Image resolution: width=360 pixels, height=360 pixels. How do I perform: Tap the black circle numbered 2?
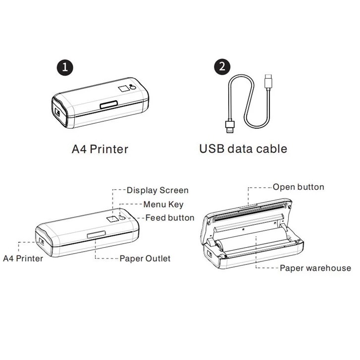point(223,68)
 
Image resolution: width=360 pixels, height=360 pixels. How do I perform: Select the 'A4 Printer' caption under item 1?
point(100,148)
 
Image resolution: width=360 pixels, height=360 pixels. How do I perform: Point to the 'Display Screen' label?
point(157,190)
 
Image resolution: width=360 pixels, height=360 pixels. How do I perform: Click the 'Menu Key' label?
point(163,204)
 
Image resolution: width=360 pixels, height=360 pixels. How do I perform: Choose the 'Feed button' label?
point(169,218)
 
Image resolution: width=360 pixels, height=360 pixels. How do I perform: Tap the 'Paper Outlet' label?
point(145,258)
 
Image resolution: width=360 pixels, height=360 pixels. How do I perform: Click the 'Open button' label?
point(298,187)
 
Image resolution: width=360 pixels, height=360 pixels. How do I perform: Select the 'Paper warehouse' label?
point(315,268)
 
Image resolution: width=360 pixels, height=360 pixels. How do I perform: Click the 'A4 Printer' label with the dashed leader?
point(23,258)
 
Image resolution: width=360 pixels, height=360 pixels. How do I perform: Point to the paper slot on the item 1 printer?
point(107,105)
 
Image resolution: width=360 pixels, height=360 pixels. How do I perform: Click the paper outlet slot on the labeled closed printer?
point(95,235)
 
